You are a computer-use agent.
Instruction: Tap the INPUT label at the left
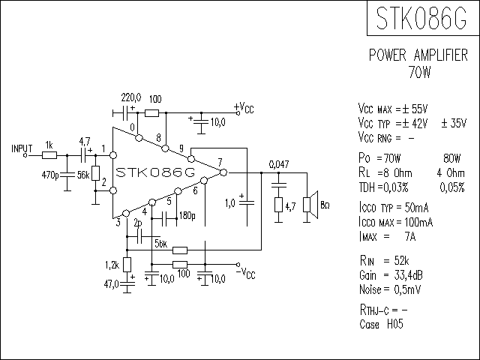tap(23, 148)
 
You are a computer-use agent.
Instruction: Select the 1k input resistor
tap(49, 155)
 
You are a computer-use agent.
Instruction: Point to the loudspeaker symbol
tap(309, 205)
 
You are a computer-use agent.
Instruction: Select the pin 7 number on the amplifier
tap(219, 162)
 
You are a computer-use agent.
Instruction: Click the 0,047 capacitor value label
tap(279, 163)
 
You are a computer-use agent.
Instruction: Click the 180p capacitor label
tap(187, 217)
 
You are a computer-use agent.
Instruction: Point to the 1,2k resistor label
tap(112, 264)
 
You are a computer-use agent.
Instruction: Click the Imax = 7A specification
tap(390, 237)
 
